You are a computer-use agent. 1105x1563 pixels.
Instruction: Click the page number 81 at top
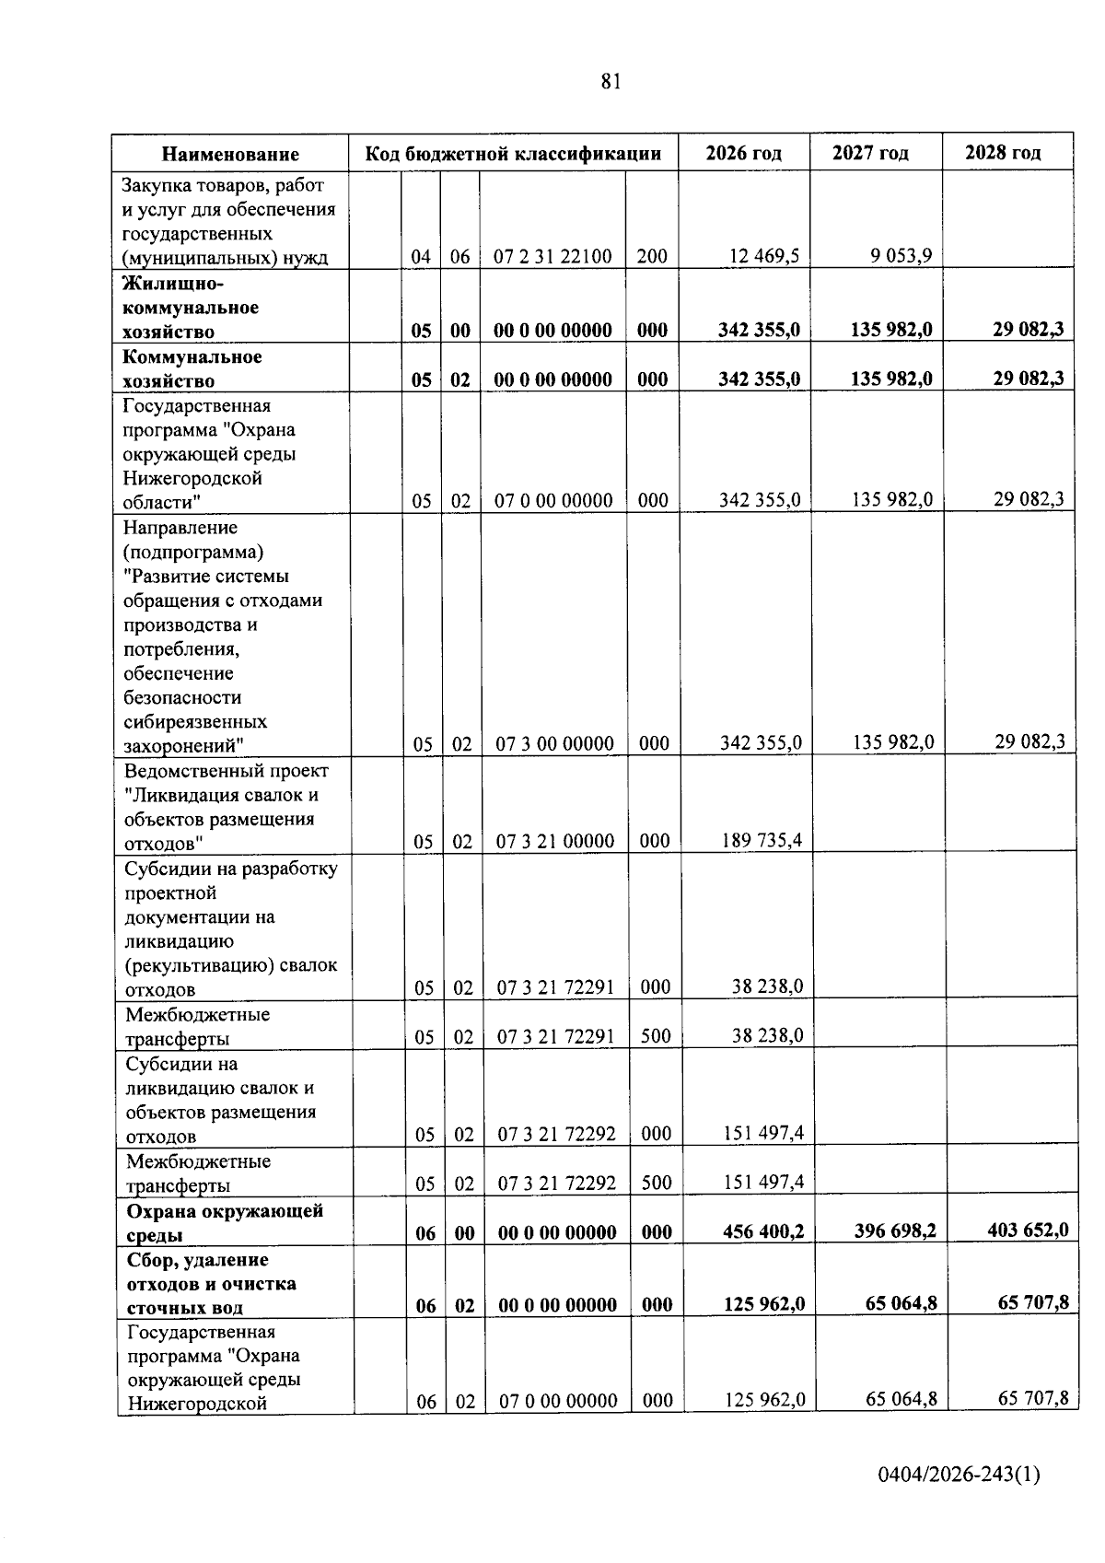(611, 82)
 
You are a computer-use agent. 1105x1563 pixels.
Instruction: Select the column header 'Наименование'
(231, 154)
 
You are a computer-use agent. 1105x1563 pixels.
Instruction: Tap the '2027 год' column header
(870, 153)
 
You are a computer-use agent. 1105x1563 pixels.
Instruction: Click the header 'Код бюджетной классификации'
(513, 154)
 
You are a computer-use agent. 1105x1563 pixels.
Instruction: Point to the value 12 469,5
(764, 256)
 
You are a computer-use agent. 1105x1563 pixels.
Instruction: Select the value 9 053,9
(901, 255)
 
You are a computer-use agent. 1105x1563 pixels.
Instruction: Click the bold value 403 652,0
(1027, 1230)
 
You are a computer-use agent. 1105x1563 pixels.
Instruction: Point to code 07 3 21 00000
(555, 841)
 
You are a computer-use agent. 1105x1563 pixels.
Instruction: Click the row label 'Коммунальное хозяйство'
(192, 368)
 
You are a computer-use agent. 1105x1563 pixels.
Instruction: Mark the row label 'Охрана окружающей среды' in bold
(225, 1222)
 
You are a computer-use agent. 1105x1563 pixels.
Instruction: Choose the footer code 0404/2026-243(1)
(959, 1475)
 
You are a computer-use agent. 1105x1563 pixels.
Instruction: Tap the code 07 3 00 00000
(554, 744)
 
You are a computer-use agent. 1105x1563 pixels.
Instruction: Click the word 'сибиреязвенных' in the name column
(196, 722)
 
